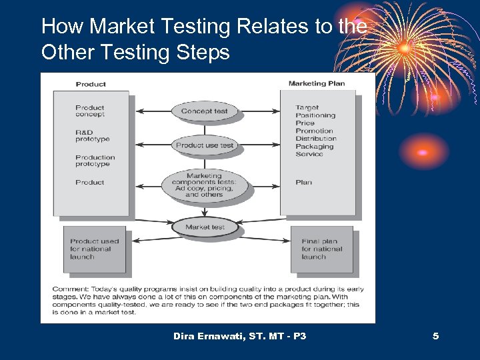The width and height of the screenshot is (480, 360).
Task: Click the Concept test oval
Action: (x=205, y=111)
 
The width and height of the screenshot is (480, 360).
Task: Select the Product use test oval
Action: (x=205, y=145)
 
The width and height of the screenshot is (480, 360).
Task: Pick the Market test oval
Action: (x=205, y=227)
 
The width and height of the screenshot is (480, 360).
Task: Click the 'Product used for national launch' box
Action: (x=95, y=249)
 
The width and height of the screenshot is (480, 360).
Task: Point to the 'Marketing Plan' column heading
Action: (x=317, y=84)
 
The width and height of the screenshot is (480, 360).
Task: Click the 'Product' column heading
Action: (x=91, y=85)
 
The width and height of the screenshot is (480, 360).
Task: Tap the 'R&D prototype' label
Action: (x=92, y=136)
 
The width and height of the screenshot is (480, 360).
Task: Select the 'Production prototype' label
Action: (x=95, y=161)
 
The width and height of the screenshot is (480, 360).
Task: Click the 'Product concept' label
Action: (x=90, y=111)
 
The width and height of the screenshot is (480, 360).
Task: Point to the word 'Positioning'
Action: (x=315, y=115)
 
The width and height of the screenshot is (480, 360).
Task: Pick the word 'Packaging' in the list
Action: (x=314, y=147)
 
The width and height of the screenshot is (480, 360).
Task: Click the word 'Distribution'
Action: (x=316, y=139)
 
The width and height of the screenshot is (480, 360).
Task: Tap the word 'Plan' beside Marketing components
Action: (x=303, y=182)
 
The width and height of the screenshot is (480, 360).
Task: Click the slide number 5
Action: (x=435, y=336)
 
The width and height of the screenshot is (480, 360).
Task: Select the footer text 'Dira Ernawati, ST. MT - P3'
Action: (x=239, y=336)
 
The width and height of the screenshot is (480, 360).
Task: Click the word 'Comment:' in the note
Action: (x=68, y=289)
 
